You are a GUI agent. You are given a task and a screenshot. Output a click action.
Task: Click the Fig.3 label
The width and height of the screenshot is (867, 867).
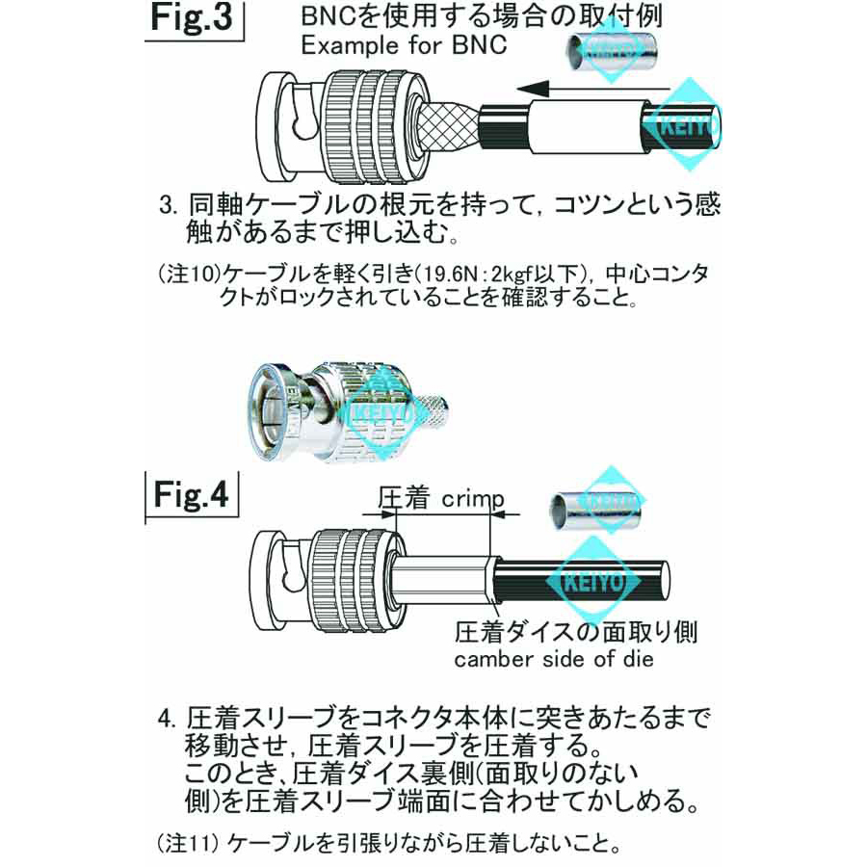click(x=196, y=20)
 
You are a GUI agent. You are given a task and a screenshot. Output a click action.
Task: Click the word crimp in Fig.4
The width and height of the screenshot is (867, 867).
click(x=473, y=499)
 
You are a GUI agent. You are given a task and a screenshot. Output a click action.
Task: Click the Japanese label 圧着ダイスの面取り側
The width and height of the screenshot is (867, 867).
click(x=576, y=632)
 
